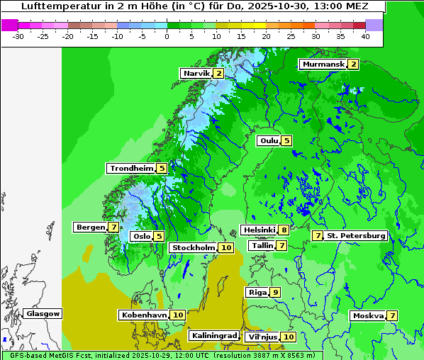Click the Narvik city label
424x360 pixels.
tap(196, 73)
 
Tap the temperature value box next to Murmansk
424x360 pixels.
tap(352, 64)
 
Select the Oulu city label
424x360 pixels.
tap(269, 141)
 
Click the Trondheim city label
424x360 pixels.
tap(131, 168)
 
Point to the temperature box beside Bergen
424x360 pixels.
tap(113, 227)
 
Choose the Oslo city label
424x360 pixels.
tap(141, 236)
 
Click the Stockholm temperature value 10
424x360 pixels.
tap(225, 247)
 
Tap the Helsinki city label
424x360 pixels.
tap(259, 230)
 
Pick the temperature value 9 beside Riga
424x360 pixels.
tap(275, 292)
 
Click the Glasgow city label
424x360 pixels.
tap(43, 313)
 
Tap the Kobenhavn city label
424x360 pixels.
tap(143, 315)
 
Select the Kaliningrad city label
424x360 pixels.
tap(213, 335)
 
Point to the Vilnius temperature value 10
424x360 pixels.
tap(288, 337)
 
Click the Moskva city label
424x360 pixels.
tap(368, 315)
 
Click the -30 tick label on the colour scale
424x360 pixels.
tap(18, 36)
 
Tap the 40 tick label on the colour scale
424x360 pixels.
tap(364, 36)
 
